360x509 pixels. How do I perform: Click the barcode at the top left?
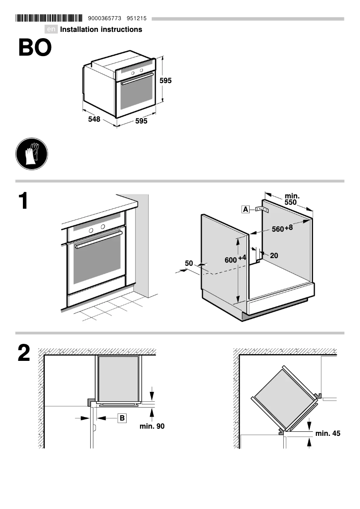[49, 18]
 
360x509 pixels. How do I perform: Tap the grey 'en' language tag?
[52, 30]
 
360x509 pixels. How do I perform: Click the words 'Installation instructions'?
[101, 30]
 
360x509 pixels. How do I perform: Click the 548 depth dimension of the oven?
[94, 120]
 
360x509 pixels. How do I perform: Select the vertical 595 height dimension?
[166, 81]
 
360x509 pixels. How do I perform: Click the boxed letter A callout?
[246, 209]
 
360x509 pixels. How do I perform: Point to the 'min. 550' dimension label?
[292, 199]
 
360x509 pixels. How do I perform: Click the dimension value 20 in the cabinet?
[274, 255]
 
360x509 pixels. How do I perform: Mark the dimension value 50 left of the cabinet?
[189, 263]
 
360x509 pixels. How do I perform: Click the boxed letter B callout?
[122, 418]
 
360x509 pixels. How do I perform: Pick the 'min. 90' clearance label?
[152, 426]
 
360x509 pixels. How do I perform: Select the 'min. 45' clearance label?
[328, 433]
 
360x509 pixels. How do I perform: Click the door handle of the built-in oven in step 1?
[98, 240]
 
